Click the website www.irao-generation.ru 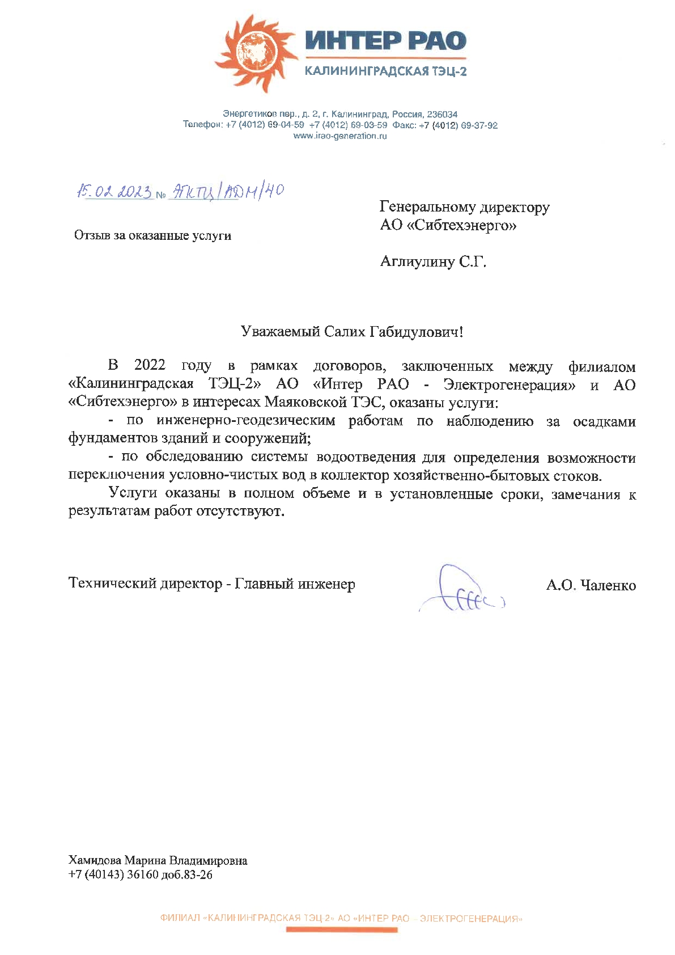(x=340, y=136)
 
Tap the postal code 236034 (x=442, y=114)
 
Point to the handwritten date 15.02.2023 (x=114, y=192)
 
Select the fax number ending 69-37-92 (x=459, y=125)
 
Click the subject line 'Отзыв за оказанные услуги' (x=152, y=235)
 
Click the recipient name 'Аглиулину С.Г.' (x=433, y=262)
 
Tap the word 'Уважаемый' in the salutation (x=281, y=332)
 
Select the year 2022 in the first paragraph (x=150, y=366)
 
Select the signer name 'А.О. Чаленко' (x=591, y=585)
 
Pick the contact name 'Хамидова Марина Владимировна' (x=158, y=861)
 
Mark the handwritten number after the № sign (x=226, y=192)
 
